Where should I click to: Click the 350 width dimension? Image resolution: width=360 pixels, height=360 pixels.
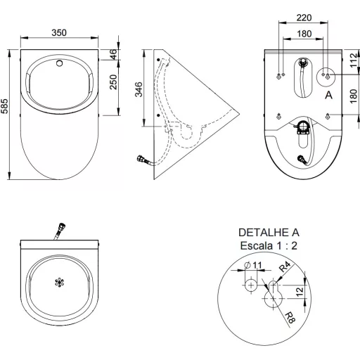pyautogui.click(x=59, y=32)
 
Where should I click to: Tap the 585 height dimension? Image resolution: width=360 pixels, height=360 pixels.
pyautogui.click(x=4, y=106)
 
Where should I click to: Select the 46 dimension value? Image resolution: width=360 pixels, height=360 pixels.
pyautogui.click(x=113, y=54)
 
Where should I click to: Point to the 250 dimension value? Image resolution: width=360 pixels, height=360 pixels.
pyautogui.click(x=113, y=82)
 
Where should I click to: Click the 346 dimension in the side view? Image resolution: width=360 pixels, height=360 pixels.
pyautogui.click(x=139, y=89)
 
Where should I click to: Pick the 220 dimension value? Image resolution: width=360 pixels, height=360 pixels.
pyautogui.click(x=304, y=18)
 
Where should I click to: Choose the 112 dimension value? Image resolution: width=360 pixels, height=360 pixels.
pyautogui.click(x=354, y=60)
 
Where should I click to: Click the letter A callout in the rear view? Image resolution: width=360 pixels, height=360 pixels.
pyautogui.click(x=328, y=95)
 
